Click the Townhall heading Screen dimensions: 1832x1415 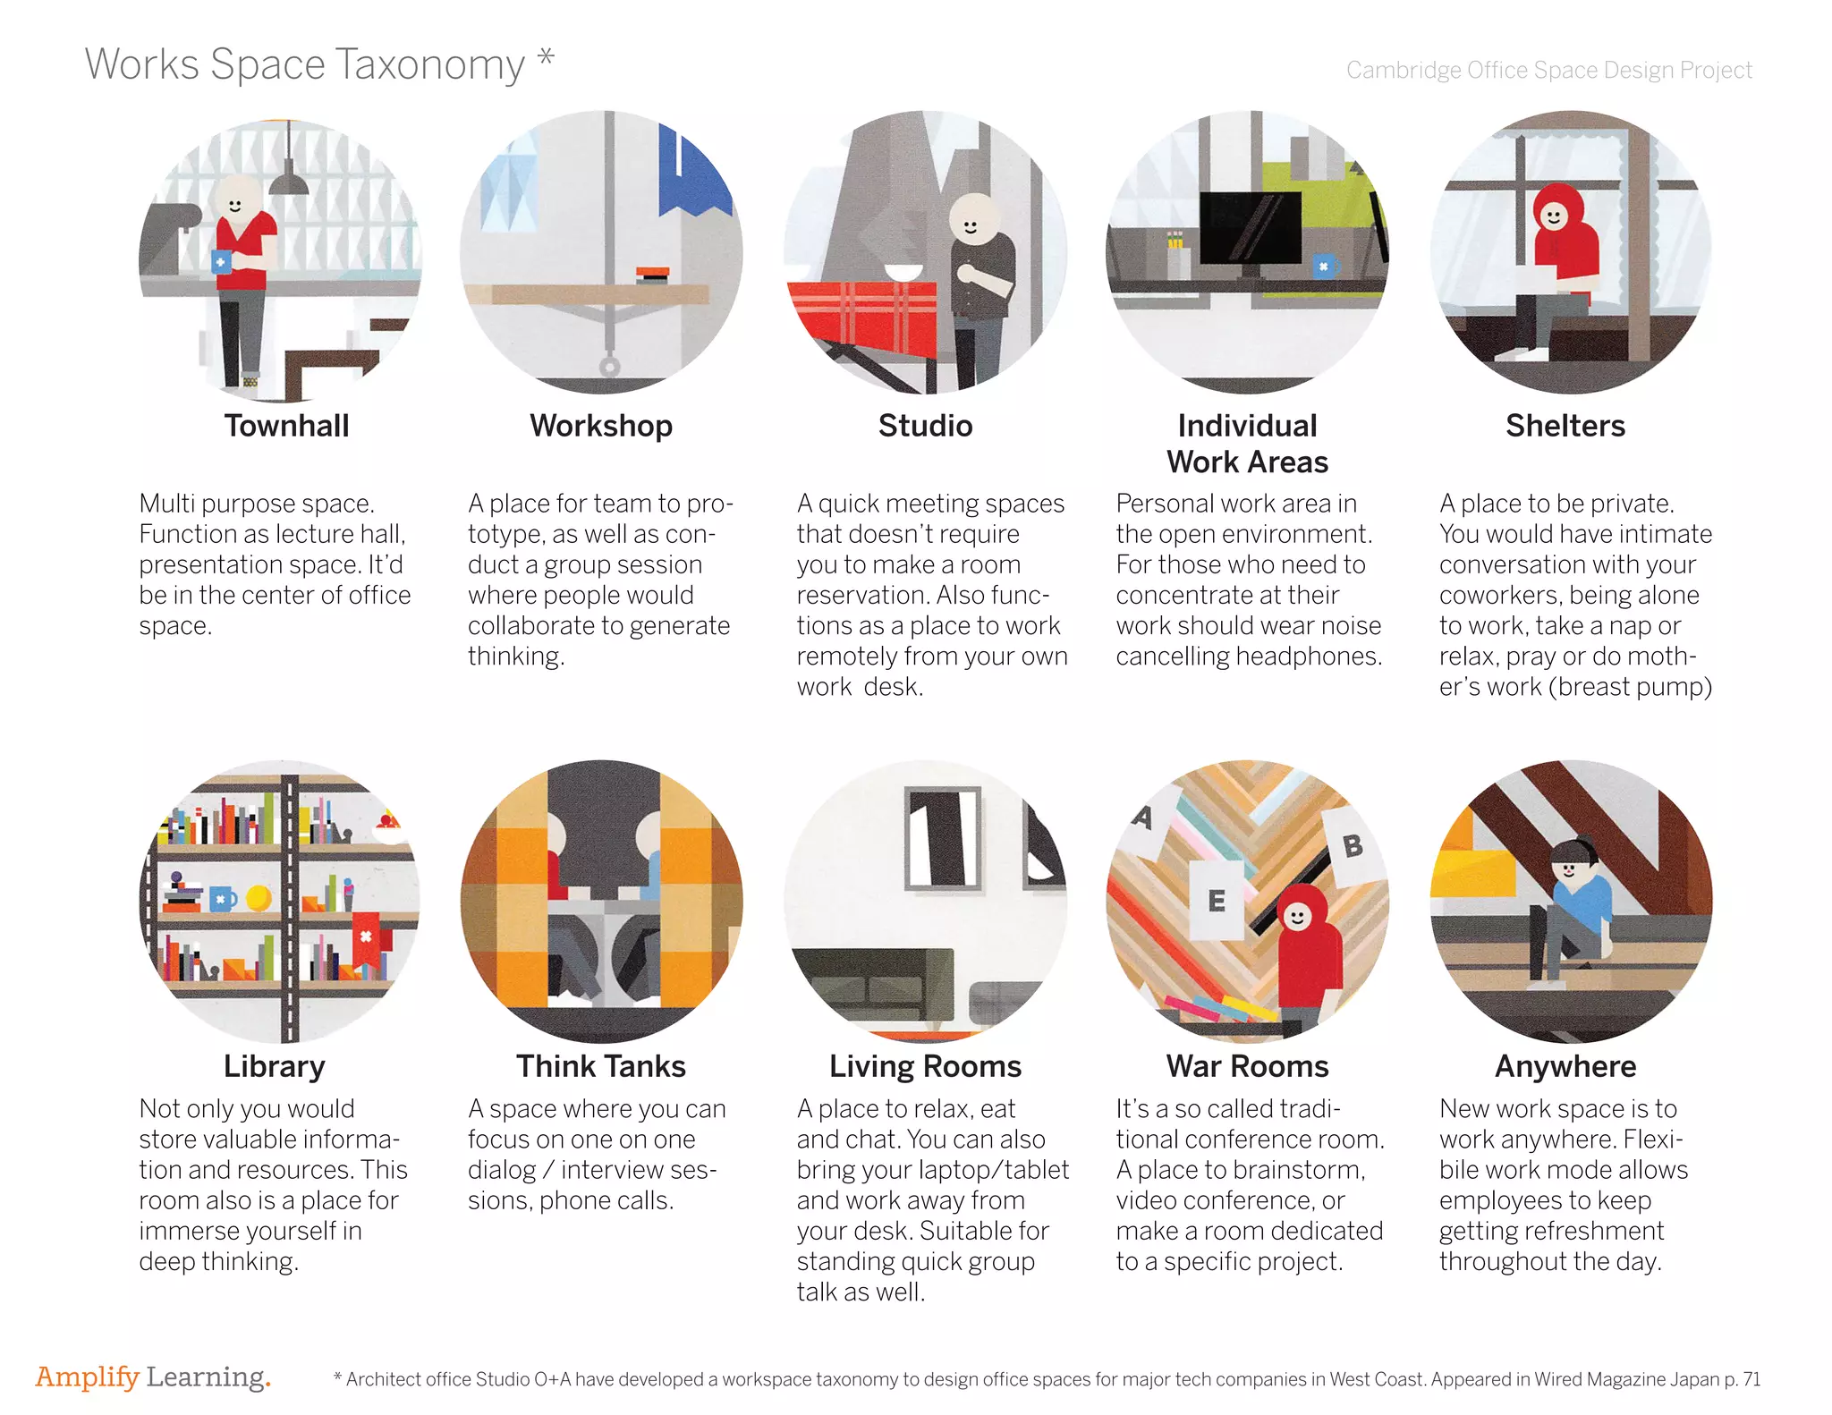(x=286, y=426)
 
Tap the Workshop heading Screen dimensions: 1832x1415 (x=601, y=427)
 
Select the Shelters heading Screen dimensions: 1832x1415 (x=1565, y=426)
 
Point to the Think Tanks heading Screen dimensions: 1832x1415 (x=601, y=1066)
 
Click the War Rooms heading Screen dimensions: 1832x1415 (x=1248, y=1066)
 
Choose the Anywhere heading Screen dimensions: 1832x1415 (x=1566, y=1067)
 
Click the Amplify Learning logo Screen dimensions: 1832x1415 (x=153, y=1378)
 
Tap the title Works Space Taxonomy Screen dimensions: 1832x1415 (x=305, y=64)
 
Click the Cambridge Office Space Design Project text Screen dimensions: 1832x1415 (x=1549, y=70)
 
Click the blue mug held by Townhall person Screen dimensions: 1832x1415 (x=221, y=262)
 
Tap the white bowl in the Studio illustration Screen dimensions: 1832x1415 (x=903, y=272)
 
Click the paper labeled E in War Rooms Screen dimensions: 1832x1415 (x=1217, y=901)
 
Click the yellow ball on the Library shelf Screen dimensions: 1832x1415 (x=259, y=897)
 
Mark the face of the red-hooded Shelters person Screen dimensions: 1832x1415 (x=1554, y=216)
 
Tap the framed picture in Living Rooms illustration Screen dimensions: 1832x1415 (x=943, y=839)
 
